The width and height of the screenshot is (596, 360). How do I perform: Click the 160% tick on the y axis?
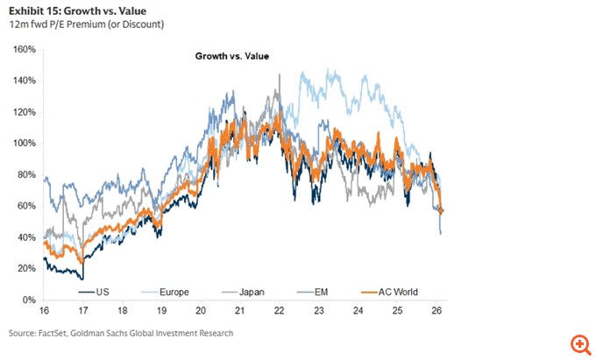tap(25, 50)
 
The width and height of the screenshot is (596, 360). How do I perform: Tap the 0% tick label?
tap(29, 300)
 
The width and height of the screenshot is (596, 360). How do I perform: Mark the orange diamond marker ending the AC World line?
tap(441, 210)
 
